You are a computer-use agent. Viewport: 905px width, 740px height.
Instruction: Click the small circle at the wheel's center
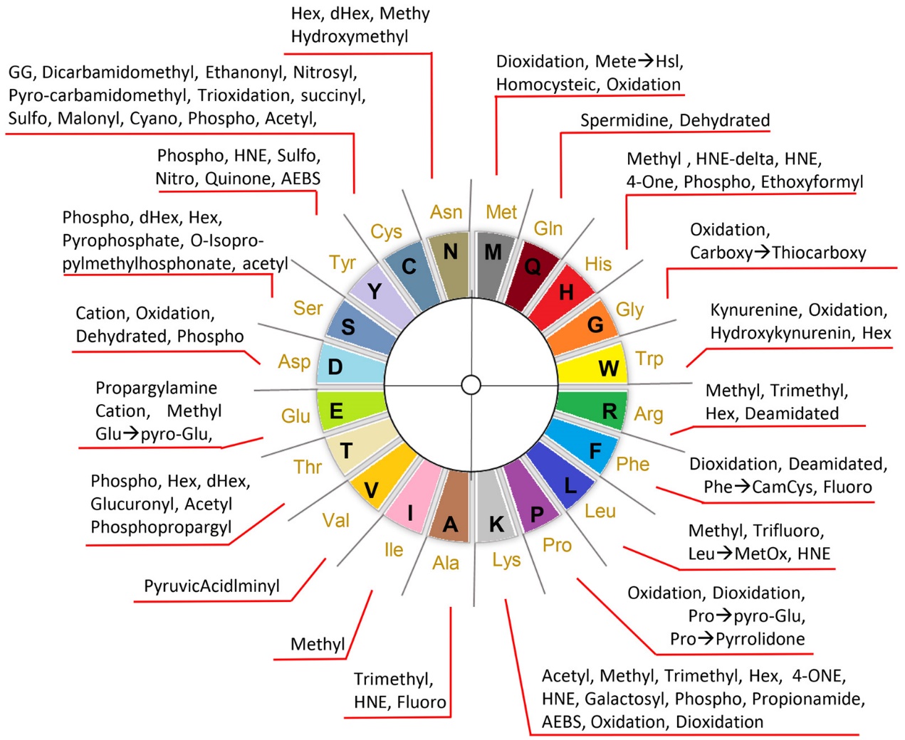[471, 385]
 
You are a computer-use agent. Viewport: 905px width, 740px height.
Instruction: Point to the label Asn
[446, 212]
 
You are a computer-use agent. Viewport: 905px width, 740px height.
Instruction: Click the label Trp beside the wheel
[649, 358]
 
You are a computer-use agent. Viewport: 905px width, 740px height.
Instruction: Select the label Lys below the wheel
[506, 560]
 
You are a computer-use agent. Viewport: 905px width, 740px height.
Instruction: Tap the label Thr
[308, 467]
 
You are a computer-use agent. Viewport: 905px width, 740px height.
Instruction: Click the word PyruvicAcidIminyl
[211, 586]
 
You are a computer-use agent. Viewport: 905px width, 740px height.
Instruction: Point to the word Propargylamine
[157, 388]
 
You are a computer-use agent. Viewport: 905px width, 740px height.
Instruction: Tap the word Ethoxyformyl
[812, 182]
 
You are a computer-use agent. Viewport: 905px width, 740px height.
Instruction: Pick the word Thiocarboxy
[819, 253]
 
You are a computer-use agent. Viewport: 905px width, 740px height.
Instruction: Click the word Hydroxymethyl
[350, 36]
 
